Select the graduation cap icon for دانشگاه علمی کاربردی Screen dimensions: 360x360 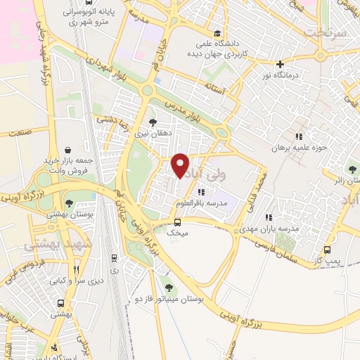[x=217, y=33]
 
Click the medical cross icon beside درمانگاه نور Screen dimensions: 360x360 [x=281, y=64]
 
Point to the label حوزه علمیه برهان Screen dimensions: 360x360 [x=300, y=148]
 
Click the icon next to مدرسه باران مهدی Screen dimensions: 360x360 [x=268, y=217]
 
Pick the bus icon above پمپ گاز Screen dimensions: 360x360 [x=327, y=250]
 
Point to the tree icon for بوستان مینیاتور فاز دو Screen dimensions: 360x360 [x=168, y=286]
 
